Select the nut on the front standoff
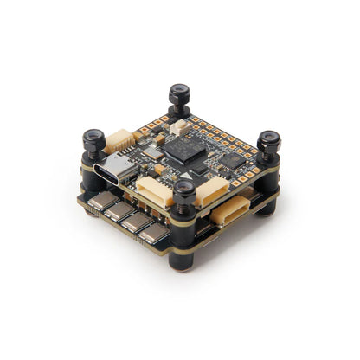click(183, 192)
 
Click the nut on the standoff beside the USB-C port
click(93, 139)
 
